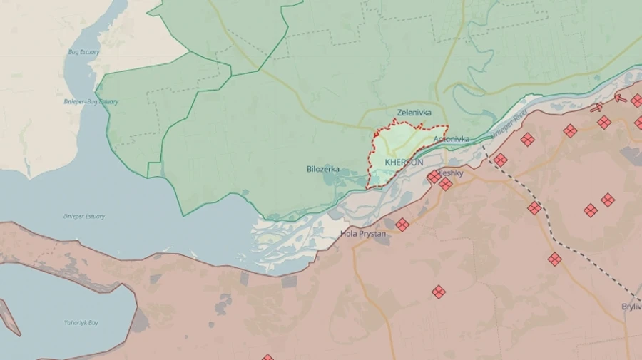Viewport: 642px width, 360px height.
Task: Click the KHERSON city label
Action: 404,163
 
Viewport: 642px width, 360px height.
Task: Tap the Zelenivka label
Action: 414,113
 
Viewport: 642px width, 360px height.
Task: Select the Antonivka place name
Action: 452,138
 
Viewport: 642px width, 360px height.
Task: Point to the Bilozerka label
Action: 322,170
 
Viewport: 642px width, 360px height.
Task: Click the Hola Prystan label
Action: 363,233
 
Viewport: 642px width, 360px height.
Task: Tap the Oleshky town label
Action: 452,173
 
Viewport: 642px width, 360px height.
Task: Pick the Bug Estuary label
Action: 83,52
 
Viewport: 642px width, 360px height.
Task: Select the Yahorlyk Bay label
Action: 81,323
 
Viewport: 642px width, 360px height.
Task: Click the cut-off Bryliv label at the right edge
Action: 631,307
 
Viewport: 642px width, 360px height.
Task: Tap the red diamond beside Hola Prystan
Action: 402,225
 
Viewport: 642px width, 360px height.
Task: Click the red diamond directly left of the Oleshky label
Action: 434,176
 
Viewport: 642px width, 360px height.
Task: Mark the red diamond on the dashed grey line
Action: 534,208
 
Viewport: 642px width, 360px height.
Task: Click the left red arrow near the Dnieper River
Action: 596,108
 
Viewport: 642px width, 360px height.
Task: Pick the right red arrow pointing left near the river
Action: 621,98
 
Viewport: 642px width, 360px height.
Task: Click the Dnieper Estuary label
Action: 84,216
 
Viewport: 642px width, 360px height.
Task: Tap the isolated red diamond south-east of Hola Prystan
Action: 439,292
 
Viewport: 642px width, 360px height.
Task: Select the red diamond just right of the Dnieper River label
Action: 527,139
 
